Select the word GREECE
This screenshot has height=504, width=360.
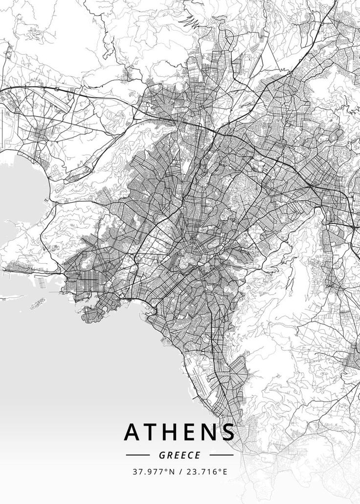[180, 455]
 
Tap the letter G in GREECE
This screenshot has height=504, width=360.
[162, 455]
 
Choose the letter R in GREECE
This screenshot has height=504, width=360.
[169, 455]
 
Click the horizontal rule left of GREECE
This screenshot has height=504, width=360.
[137, 455]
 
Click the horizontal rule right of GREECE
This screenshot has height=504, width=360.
[222, 455]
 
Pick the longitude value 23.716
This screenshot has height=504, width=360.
[202, 472]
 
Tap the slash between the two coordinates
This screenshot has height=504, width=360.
[180, 472]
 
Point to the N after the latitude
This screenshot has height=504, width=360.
[171, 472]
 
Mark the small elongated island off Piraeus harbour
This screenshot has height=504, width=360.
[38, 304]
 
